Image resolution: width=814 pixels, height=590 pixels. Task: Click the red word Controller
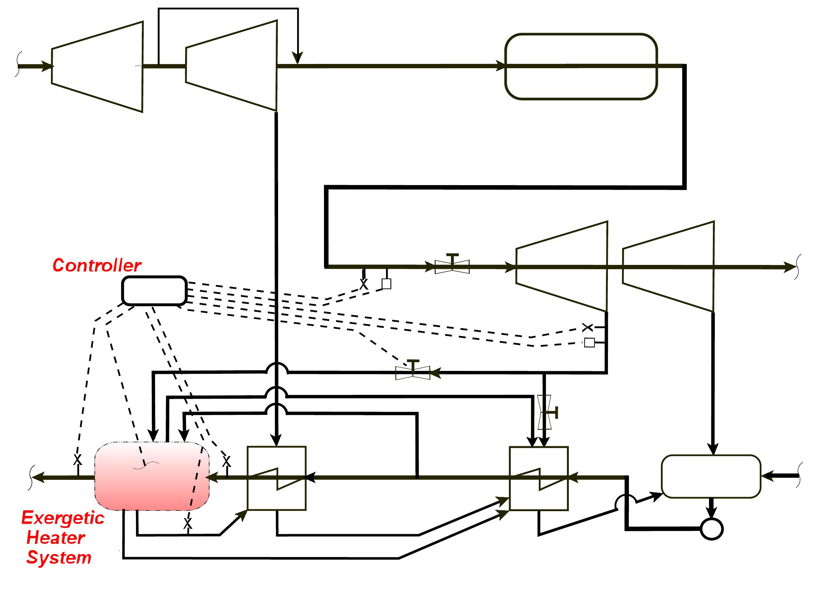(97, 266)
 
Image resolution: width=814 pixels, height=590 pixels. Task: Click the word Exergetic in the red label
(63, 518)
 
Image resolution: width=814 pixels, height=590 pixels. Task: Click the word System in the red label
(59, 558)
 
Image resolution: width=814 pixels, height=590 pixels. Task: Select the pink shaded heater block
(152, 476)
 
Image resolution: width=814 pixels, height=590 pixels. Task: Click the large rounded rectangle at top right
(580, 67)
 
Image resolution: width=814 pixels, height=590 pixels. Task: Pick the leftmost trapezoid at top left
(97, 67)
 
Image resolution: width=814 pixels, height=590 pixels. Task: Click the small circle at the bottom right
(712, 529)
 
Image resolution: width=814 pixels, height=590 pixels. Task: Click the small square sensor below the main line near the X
(386, 284)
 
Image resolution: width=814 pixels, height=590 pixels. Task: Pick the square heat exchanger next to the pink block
(277, 478)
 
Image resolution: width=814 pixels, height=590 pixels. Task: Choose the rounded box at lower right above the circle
(711, 477)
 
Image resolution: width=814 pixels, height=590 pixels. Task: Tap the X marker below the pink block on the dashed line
(188, 523)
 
